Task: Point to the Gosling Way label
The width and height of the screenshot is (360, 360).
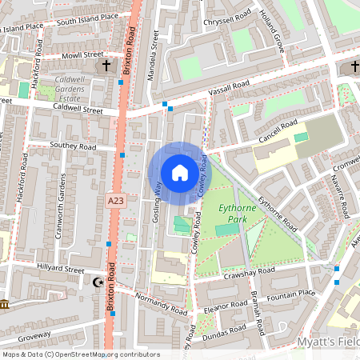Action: pos(158,199)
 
